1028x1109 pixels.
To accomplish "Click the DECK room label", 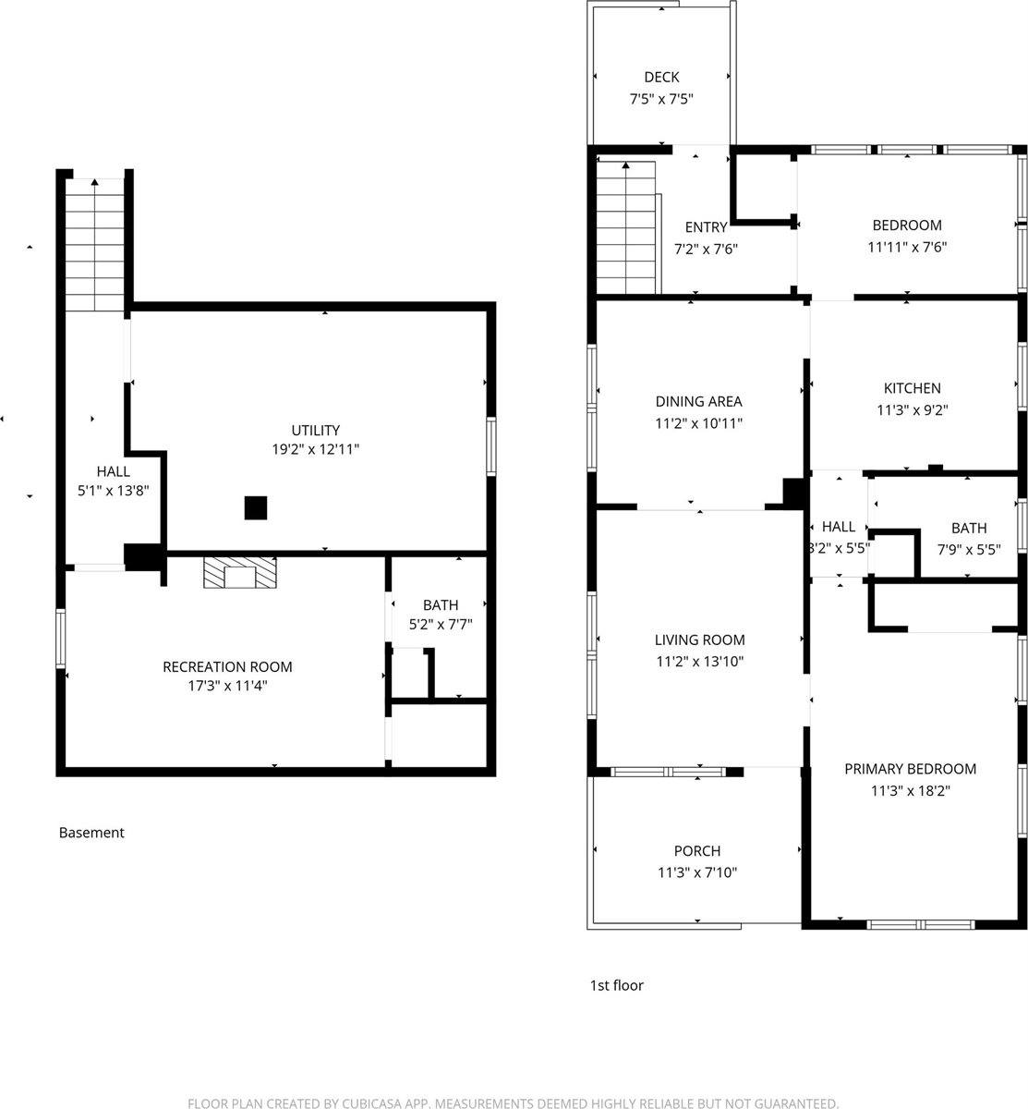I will point(661,78).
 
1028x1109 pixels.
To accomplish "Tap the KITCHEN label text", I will point(912,389).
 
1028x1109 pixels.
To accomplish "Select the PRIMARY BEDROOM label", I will point(910,769).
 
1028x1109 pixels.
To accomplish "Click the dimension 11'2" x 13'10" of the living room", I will point(699,661).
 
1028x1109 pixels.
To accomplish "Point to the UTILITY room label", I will point(316,431).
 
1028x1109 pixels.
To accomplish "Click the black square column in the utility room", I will point(256,507).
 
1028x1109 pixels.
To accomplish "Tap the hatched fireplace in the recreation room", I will point(240,573).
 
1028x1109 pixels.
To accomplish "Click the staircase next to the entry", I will point(626,226).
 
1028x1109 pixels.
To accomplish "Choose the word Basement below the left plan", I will point(91,833).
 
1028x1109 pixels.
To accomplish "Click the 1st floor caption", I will point(616,986).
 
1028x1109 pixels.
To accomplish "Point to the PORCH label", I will point(697,851).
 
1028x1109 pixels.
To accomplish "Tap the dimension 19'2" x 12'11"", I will point(316,450).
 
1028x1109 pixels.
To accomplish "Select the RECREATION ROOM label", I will point(227,667).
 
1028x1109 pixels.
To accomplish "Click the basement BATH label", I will point(441,606).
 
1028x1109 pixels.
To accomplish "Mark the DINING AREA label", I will point(698,402).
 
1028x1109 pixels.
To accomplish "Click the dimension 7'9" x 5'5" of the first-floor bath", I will point(968,548).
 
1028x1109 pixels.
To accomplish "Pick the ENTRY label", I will point(706,227).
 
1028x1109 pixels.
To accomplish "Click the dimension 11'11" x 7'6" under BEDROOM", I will point(907,247).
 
